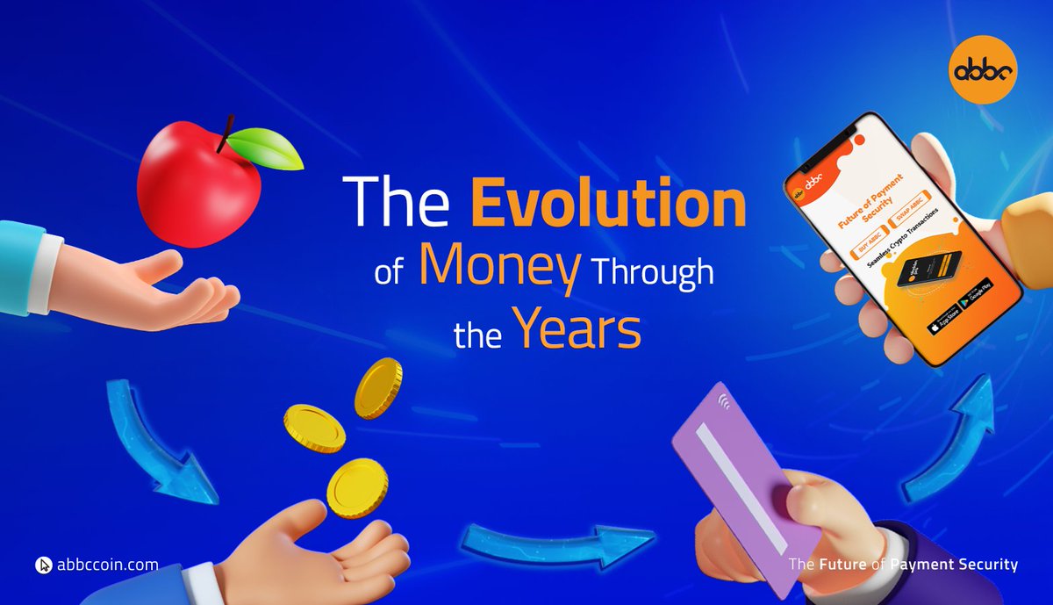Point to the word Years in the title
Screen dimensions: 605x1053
(577, 331)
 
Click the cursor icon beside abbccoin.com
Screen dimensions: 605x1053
(44, 565)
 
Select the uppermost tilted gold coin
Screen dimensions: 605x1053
(378, 388)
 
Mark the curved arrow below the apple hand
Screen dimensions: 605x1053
(158, 439)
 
